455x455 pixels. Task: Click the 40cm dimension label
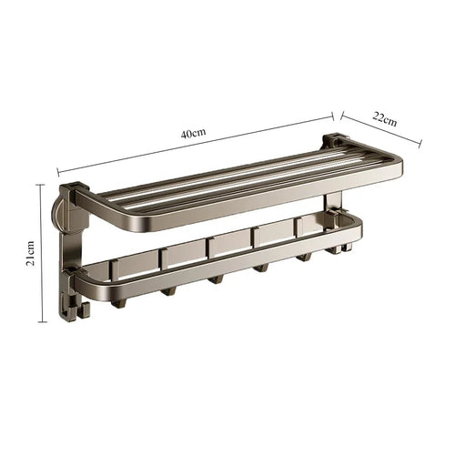(x=194, y=134)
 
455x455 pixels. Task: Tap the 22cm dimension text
(x=385, y=119)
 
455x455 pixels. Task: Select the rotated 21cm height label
(x=30, y=253)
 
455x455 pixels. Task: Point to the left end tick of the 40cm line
(x=58, y=173)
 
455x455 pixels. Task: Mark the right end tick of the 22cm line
(x=420, y=144)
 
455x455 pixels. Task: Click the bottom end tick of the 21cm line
(x=43, y=322)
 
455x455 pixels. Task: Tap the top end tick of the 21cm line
(x=41, y=185)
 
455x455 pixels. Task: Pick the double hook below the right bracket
(x=341, y=248)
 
